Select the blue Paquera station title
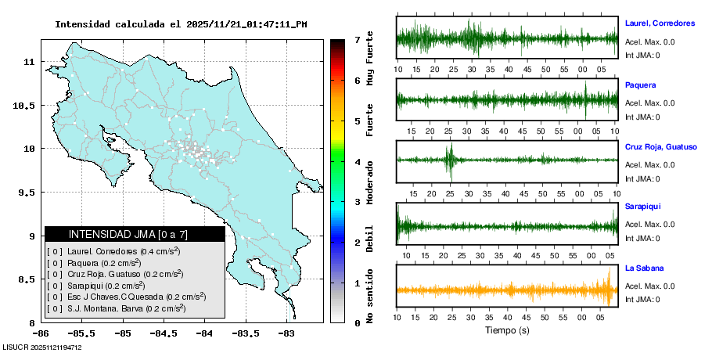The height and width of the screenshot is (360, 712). tap(641, 85)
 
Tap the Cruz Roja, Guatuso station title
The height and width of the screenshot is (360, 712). tap(660, 146)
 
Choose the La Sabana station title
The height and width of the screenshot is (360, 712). tap(644, 268)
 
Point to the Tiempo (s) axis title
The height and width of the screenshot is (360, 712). tap(506, 331)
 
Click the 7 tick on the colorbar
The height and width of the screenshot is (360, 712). tap(357, 39)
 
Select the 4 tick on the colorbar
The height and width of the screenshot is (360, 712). tap(357, 162)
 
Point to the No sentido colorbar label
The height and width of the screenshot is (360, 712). tap(370, 297)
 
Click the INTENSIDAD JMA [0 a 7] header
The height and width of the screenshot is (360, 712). tap(134, 234)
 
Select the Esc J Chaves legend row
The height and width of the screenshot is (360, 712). tap(126, 297)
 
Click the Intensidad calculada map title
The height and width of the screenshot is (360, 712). tap(181, 24)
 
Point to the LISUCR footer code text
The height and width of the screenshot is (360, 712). tap(42, 347)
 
